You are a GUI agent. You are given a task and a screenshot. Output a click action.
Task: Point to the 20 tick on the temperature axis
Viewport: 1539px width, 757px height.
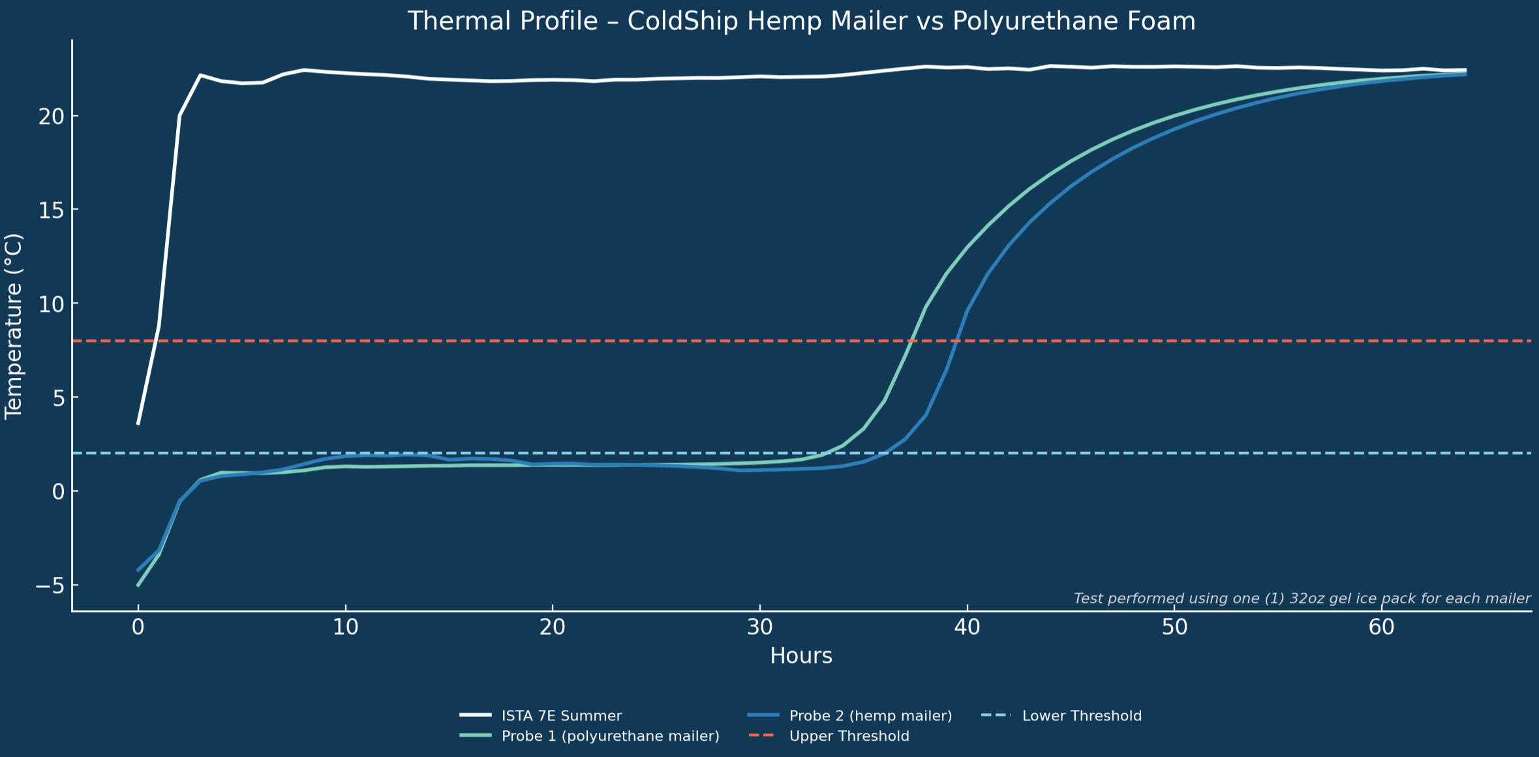(x=52, y=116)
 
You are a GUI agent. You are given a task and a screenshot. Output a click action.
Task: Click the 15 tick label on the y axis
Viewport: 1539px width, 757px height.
(x=52, y=209)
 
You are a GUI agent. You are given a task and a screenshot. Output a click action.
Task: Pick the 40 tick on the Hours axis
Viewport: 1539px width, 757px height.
(x=967, y=628)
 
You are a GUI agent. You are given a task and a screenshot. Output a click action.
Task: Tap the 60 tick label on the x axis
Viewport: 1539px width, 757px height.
(x=1381, y=628)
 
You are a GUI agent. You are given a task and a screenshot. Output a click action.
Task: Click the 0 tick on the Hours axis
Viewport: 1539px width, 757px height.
(x=138, y=628)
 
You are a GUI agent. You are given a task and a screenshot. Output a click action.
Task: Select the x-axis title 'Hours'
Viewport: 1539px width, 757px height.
(x=801, y=656)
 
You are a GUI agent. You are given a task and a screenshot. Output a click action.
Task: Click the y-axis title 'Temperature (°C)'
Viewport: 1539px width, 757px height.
(x=14, y=326)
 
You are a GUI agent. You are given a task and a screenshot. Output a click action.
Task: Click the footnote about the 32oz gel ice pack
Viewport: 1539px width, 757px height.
(x=1302, y=598)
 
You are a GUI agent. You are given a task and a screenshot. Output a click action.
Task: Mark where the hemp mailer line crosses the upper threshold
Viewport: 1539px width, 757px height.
(x=957, y=341)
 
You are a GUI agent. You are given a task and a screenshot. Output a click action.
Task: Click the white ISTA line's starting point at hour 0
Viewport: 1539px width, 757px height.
(x=138, y=424)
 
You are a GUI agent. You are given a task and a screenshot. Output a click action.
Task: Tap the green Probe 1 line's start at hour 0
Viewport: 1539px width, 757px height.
(x=138, y=585)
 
